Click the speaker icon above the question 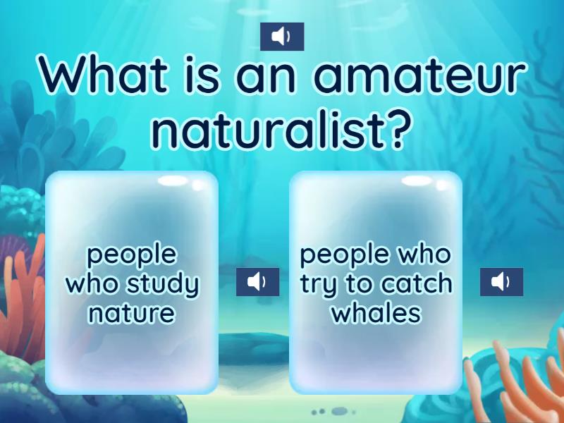(282, 37)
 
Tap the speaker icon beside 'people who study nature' (257, 283)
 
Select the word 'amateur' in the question (421, 76)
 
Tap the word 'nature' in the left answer (131, 312)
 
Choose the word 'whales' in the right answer (376, 312)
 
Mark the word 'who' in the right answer (423, 255)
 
